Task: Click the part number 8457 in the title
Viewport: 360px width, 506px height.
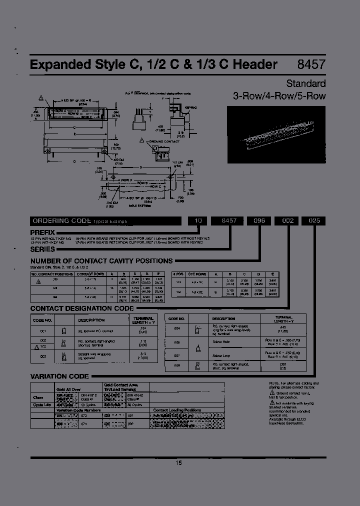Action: tap(311, 64)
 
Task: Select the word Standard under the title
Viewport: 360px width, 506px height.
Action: tap(305, 83)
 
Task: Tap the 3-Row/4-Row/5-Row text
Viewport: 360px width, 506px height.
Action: tap(279, 96)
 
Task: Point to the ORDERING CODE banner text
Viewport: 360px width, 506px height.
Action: tap(60, 220)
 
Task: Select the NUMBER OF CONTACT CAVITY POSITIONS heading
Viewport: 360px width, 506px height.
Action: tap(101, 261)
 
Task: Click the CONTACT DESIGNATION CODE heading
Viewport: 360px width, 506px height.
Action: tap(82, 308)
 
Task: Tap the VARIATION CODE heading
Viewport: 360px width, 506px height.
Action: tap(59, 376)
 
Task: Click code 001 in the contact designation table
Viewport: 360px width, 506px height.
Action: tap(43, 331)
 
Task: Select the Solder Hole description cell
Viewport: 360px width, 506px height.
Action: tap(220, 342)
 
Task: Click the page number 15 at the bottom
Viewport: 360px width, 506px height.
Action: tap(179, 463)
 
